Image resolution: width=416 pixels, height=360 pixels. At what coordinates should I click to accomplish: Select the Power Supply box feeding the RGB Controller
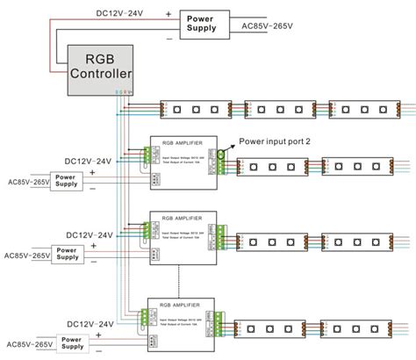coord(207,23)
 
